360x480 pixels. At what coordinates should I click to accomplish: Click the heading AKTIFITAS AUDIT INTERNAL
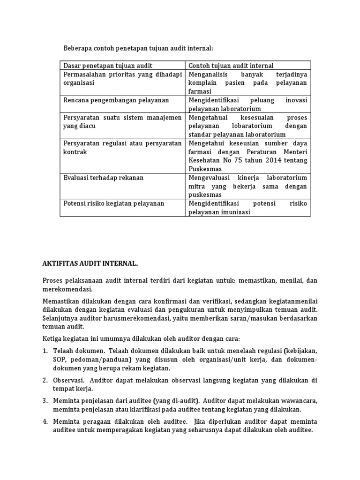[x=90, y=264]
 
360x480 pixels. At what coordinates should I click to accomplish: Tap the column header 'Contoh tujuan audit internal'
[x=231, y=66]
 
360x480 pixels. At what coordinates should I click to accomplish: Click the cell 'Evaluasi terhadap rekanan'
[x=103, y=178]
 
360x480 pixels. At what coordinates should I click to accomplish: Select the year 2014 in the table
[x=274, y=160]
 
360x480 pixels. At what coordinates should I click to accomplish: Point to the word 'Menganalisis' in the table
[x=209, y=75]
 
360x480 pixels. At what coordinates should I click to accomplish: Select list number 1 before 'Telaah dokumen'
[x=45, y=350]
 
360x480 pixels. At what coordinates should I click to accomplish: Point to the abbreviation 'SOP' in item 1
[x=59, y=359]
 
